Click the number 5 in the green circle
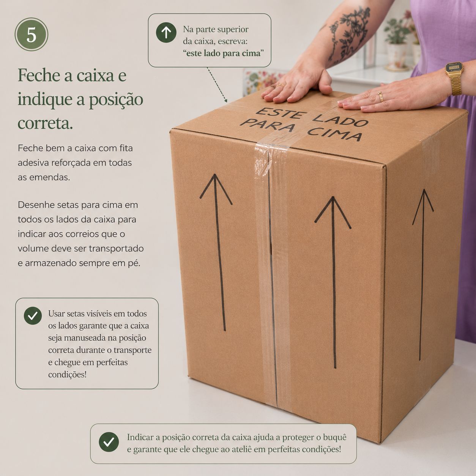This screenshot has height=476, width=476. click(x=32, y=35)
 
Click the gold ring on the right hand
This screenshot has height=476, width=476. click(x=381, y=96)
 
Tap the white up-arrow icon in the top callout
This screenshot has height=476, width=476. click(x=166, y=32)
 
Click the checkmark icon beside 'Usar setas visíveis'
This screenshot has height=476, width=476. click(x=33, y=316)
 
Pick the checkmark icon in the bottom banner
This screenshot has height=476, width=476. click(x=109, y=442)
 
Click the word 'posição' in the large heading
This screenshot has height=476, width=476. click(x=116, y=100)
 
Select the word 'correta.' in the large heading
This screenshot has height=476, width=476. click(x=45, y=123)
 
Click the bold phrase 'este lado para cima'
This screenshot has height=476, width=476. click(x=224, y=54)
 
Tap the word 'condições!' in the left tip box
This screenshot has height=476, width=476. click(x=68, y=375)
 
